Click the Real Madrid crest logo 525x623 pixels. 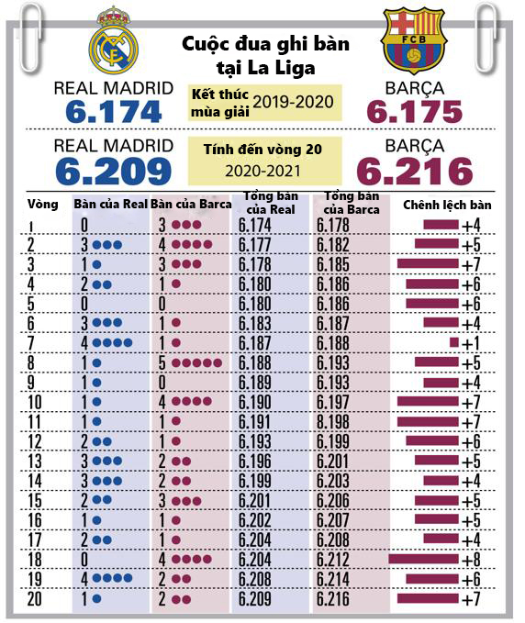(x=113, y=40)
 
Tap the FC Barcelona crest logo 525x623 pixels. (x=414, y=40)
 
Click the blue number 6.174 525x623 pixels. (x=114, y=112)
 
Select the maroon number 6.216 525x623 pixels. (x=415, y=172)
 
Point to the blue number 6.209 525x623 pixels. (x=114, y=172)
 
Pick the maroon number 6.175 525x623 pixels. (x=415, y=112)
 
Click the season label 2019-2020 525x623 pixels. (x=294, y=102)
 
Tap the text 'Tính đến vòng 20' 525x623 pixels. (x=262, y=150)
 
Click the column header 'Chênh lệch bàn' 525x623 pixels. (x=447, y=205)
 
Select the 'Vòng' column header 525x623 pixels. (x=43, y=205)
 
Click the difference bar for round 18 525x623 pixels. (x=423, y=559)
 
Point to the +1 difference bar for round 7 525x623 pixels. (x=453, y=342)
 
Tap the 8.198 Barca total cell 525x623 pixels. (x=333, y=422)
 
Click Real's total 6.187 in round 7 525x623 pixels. (x=255, y=343)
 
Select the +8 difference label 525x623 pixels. (x=471, y=560)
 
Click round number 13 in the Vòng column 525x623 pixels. (x=35, y=462)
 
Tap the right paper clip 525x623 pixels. (x=487, y=39)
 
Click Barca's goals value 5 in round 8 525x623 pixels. (x=162, y=362)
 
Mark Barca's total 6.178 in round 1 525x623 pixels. (x=333, y=226)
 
